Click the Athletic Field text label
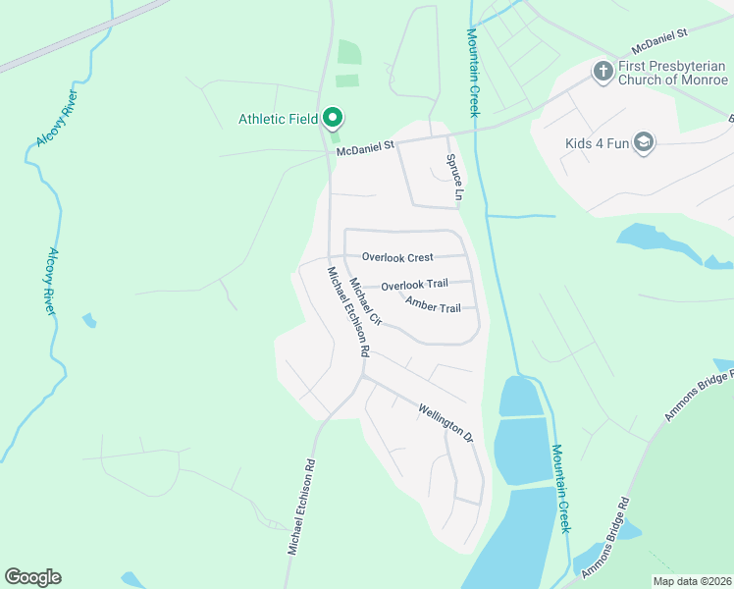pos(278,120)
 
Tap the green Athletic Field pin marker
pos(332,119)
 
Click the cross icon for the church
pos(602,70)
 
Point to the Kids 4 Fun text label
pos(596,143)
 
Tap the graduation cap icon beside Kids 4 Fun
pos(644,142)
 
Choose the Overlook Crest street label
pos(397,257)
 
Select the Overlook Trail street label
pos(414,285)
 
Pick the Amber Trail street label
pos(433,308)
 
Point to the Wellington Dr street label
pos(446,421)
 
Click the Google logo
pos(32,577)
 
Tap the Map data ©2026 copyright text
pos(691,581)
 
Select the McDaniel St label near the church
pos(658,43)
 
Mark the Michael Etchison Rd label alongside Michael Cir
pos(347,311)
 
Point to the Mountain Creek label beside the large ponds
pos(559,489)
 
